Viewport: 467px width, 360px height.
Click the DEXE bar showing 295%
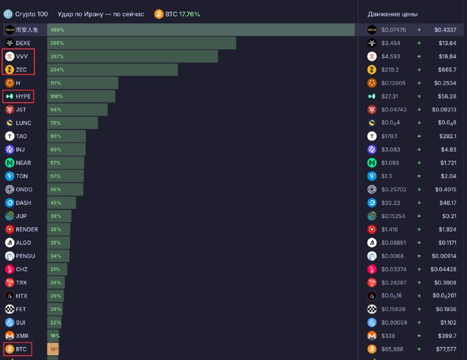(141, 43)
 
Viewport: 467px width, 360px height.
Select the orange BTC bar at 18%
(53, 349)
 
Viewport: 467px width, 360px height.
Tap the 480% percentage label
(57, 30)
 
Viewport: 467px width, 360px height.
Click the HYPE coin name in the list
(23, 96)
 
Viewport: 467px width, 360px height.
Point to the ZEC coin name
(21, 69)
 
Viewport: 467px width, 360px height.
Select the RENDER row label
(27, 229)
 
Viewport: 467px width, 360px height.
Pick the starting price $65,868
(392, 349)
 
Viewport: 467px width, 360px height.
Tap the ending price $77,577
(446, 349)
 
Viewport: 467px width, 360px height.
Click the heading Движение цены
(392, 14)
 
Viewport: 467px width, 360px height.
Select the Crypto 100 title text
(32, 14)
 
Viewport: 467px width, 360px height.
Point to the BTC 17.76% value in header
(182, 14)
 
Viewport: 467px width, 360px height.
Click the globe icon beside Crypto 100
(8, 14)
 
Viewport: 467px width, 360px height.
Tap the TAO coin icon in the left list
(9, 137)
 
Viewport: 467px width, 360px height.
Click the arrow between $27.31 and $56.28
(419, 96)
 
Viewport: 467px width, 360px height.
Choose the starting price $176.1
(389, 137)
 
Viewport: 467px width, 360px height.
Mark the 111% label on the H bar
(55, 83)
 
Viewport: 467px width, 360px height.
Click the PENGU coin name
(25, 256)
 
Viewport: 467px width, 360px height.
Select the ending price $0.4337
(445, 30)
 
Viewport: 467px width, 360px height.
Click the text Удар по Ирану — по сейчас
(100, 14)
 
